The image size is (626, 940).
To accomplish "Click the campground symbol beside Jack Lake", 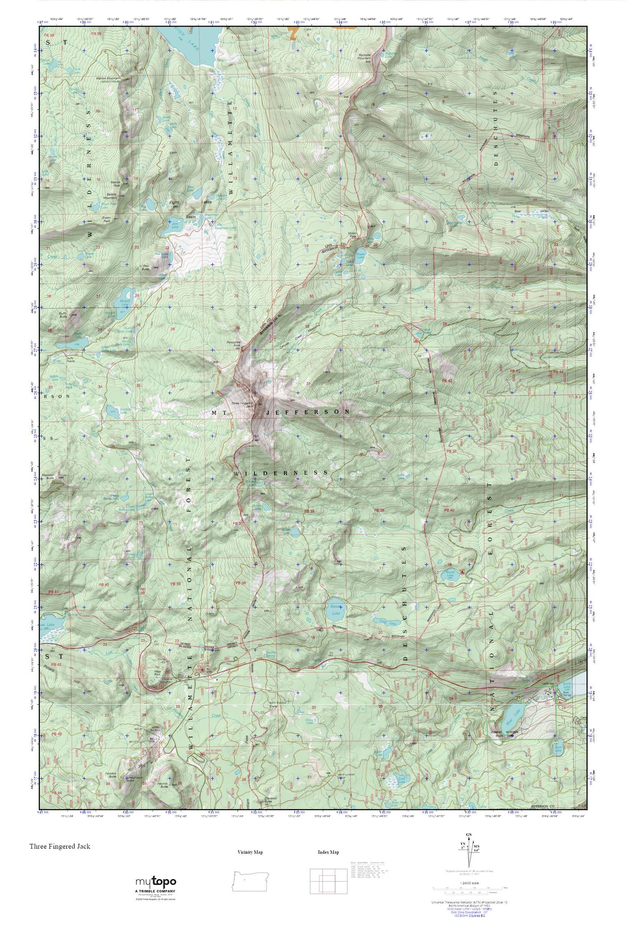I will [x=416, y=340].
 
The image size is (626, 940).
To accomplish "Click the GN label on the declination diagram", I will [x=469, y=835].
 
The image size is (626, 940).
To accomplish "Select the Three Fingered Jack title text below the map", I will [x=60, y=846].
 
